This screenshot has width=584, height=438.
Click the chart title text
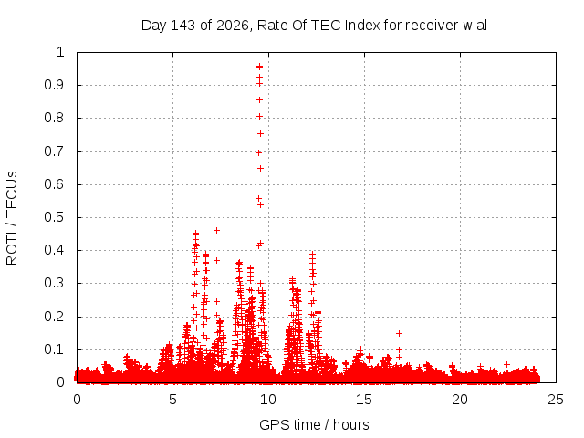click(314, 26)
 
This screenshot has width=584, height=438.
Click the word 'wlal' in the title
click(474, 26)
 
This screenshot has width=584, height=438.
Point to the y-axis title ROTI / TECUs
click(12, 218)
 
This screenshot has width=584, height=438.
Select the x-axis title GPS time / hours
click(314, 424)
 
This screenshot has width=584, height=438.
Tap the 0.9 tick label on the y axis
click(55, 85)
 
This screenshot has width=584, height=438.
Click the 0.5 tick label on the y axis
click(55, 217)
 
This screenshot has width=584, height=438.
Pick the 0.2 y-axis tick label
click(55, 317)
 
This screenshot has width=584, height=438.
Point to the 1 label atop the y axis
click(60, 52)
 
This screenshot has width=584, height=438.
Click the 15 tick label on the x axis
click(364, 400)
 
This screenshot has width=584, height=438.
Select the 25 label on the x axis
click(556, 400)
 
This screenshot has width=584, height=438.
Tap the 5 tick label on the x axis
click(172, 400)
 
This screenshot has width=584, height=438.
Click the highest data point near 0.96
click(259, 67)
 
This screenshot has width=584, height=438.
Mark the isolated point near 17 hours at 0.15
click(399, 333)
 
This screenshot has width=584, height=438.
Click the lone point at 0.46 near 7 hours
click(216, 231)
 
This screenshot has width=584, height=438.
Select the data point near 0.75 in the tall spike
click(260, 134)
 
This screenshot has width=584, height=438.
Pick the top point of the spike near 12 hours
click(312, 255)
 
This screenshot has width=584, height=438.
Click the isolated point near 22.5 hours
click(506, 364)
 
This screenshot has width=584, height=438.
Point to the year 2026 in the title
click(232, 26)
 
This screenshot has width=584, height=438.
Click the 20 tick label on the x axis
click(460, 400)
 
